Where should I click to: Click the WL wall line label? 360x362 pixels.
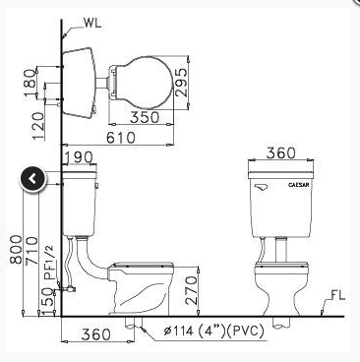pos(92,23)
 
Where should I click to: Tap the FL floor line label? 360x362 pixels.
pos(337,295)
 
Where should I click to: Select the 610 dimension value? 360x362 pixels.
pos(121,138)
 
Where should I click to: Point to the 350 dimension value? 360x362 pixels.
pos(145,117)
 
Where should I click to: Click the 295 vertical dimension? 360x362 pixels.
pos(181,82)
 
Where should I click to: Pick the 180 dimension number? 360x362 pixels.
pos(30,83)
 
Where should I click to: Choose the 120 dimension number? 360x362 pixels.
pos(37,126)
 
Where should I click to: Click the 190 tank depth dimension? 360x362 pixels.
pos(79,157)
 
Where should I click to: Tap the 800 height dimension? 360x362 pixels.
pos(16,250)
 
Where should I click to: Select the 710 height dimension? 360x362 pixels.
pos(31,250)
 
